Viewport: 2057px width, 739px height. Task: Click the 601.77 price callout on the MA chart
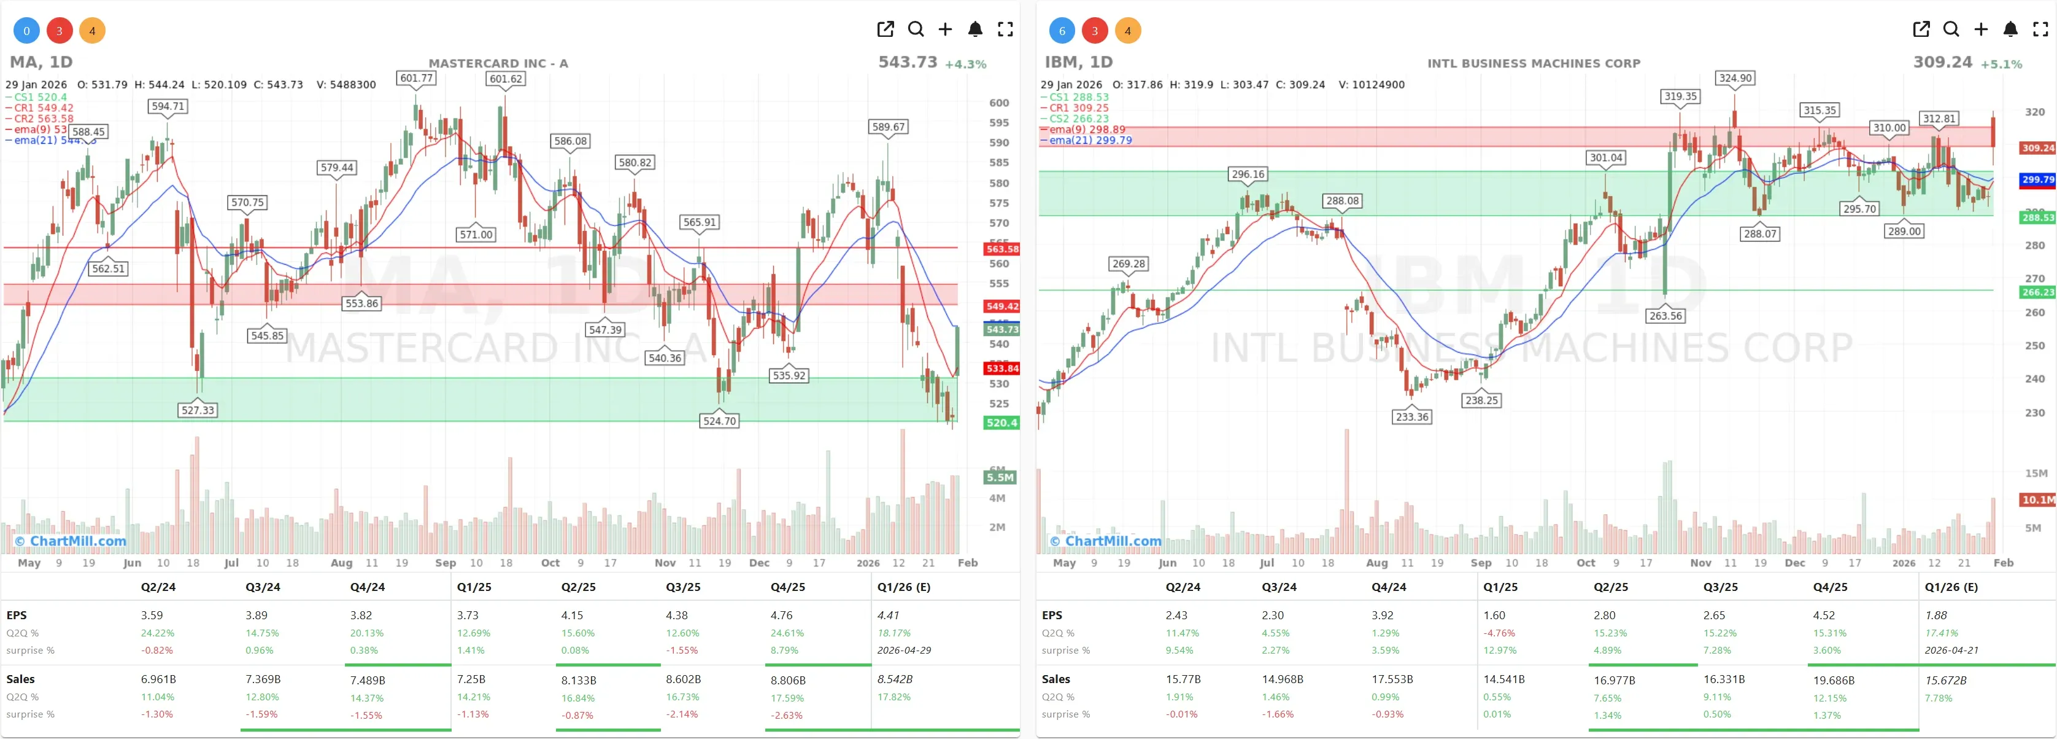coord(417,78)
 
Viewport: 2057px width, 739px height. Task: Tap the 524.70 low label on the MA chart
coord(719,421)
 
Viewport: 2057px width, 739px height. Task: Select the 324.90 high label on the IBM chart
coord(1735,78)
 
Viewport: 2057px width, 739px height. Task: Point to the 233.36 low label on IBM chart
coord(1412,417)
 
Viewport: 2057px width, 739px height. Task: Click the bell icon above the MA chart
coord(975,29)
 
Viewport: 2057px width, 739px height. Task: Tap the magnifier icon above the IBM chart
coord(1951,29)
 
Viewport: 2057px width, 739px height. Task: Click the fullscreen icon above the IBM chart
coord(2040,29)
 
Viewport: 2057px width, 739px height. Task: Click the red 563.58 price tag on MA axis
coord(1001,249)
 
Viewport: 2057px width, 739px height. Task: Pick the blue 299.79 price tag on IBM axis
coord(2037,180)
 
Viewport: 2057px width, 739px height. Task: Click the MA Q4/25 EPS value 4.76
coord(781,615)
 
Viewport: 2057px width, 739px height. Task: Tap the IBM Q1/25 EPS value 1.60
coord(1494,615)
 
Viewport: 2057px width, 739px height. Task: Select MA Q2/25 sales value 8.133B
coord(578,680)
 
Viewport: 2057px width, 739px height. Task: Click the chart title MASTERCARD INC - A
coord(498,63)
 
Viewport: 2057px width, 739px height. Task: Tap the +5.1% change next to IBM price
coord(2001,64)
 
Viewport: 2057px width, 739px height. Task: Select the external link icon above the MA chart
coord(885,29)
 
